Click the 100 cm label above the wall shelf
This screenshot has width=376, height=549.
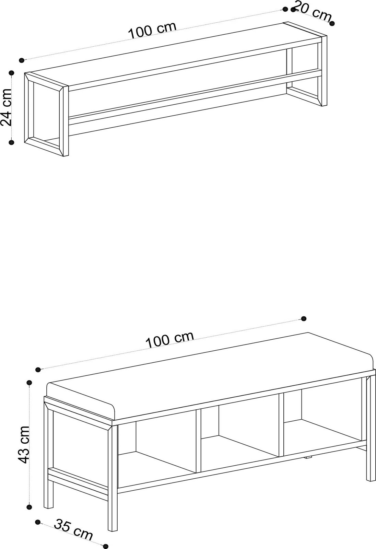coord(152,31)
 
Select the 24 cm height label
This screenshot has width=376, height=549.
coord(7,107)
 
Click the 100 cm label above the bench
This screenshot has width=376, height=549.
coord(169,340)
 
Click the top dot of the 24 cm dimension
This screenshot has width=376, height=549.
coord(12,73)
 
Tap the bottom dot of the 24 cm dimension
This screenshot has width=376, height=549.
coord(11,142)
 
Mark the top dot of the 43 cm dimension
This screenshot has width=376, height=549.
coord(30,382)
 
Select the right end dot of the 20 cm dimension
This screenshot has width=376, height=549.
coord(332,23)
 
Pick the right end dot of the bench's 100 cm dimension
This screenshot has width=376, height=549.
coord(304,319)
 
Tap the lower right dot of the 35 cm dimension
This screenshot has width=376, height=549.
coord(106,546)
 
